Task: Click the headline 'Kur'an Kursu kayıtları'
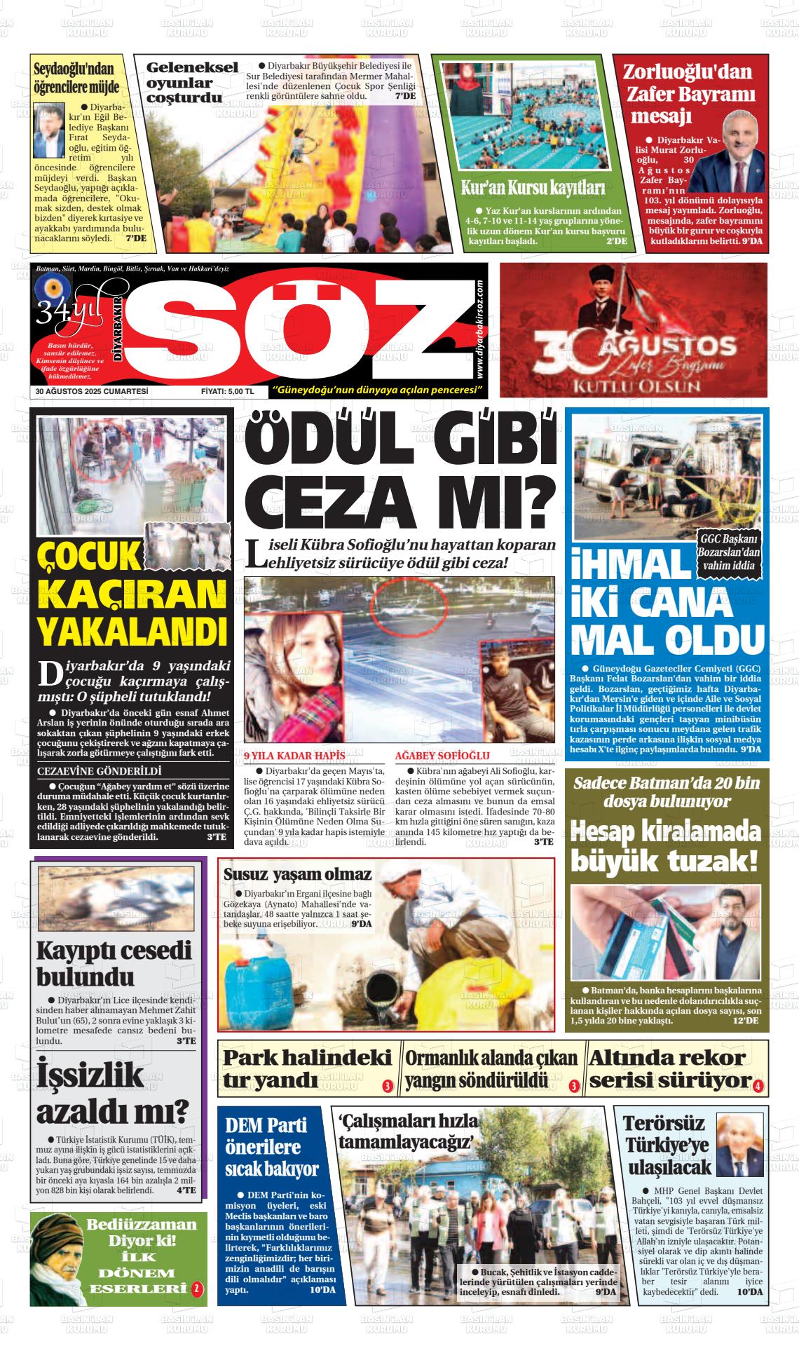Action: pyautogui.click(x=533, y=188)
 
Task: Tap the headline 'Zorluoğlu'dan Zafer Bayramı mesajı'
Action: pyautogui.click(x=688, y=93)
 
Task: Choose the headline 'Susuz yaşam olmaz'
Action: pyautogui.click(x=297, y=873)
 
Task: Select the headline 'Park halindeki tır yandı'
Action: pyautogui.click(x=307, y=1069)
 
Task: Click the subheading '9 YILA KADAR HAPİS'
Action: pyautogui.click(x=294, y=756)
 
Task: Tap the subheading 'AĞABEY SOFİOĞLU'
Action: pyautogui.click(x=442, y=756)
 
